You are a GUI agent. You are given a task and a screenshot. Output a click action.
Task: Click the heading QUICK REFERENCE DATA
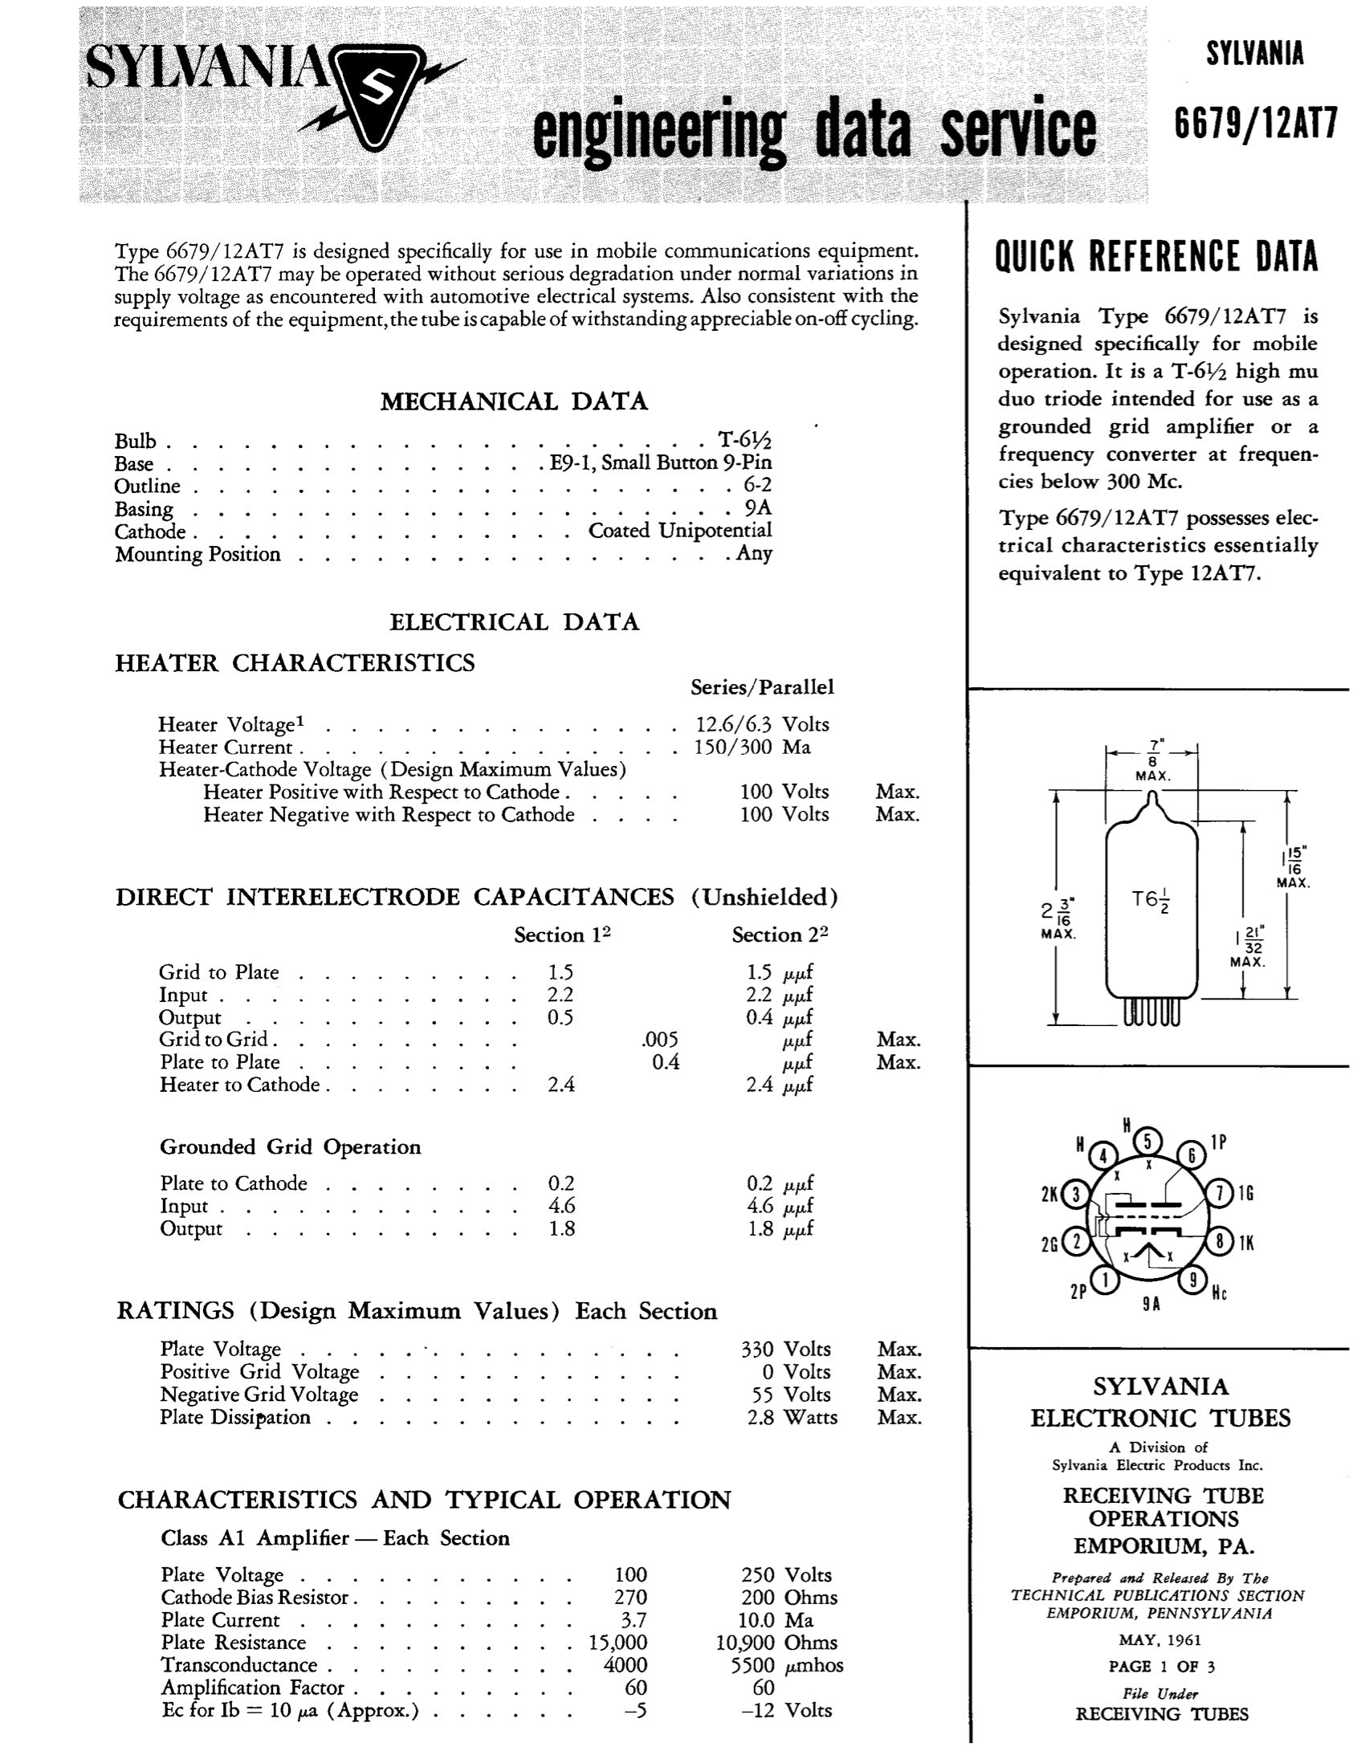tap(1156, 257)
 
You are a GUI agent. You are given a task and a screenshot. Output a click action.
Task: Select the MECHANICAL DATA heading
tap(514, 401)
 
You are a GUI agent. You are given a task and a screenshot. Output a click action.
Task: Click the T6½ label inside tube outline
tap(1151, 901)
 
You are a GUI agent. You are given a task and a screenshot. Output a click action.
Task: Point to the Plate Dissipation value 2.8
tap(760, 1417)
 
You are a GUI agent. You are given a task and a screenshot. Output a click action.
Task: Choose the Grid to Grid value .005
tap(660, 1040)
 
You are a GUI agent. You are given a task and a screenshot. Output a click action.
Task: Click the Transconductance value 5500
tap(752, 1665)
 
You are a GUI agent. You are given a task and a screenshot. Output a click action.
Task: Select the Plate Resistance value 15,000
tap(617, 1643)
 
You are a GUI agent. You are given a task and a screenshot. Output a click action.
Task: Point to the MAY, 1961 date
tap(1161, 1640)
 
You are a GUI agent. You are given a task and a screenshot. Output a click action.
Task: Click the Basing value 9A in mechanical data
tap(758, 508)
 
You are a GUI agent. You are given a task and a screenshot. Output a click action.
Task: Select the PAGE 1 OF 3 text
tap(1161, 1667)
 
